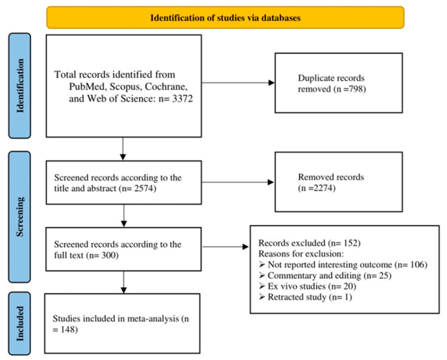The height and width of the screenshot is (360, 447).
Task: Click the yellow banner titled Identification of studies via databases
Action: pyautogui.click(x=225, y=18)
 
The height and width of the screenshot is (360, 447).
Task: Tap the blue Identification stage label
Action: pyautogui.click(x=20, y=86)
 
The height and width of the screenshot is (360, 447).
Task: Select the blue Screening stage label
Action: pyautogui.click(x=20, y=217)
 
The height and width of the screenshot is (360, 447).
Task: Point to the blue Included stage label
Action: pyautogui.click(x=20, y=324)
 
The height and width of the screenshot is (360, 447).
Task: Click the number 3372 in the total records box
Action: pyautogui.click(x=182, y=99)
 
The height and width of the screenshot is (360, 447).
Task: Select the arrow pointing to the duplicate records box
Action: pyautogui.click(x=238, y=83)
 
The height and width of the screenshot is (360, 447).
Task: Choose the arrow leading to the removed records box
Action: pyautogui.click(x=238, y=182)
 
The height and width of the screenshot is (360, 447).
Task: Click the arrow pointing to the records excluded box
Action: pyautogui.click(x=225, y=247)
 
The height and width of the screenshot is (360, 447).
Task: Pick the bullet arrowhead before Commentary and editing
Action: pyautogui.click(x=262, y=275)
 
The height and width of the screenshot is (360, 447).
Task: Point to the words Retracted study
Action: pyautogui.click(x=297, y=297)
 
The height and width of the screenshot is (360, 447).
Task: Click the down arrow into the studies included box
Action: pyautogui.click(x=124, y=282)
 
